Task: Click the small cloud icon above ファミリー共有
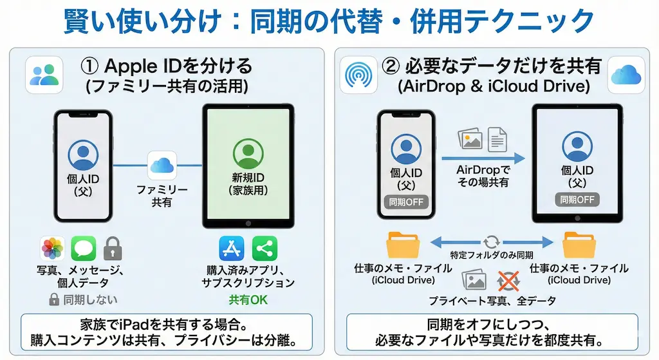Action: tap(162, 166)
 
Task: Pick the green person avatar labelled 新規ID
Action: tap(248, 153)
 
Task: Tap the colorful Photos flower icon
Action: tap(53, 249)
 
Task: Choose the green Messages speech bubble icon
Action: tap(84, 249)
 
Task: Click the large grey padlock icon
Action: tap(113, 248)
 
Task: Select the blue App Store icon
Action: tap(232, 249)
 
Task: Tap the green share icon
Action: tap(264, 249)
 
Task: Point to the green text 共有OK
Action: tap(248, 299)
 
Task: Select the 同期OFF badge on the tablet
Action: tap(577, 199)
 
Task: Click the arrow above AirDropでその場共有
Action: tap(483, 157)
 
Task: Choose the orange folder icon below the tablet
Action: tap(579, 245)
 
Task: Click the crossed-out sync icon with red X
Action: tap(509, 280)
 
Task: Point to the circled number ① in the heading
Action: tap(90, 66)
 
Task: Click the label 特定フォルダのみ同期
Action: tap(492, 256)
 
